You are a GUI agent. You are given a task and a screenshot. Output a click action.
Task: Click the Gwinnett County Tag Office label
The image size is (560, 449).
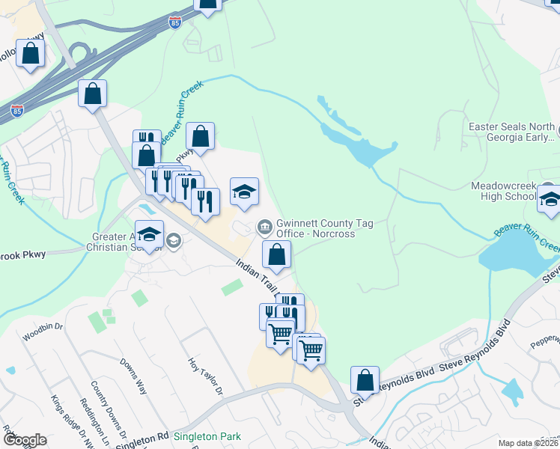tap(325, 227)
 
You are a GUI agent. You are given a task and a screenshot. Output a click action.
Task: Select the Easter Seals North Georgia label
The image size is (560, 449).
tap(511, 132)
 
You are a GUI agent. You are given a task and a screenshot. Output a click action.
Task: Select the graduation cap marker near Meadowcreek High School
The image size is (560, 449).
tap(550, 199)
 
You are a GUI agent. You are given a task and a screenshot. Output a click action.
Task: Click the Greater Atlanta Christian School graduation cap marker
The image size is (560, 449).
tap(149, 233)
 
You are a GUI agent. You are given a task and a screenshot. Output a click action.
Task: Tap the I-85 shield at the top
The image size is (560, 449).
tap(174, 22)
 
